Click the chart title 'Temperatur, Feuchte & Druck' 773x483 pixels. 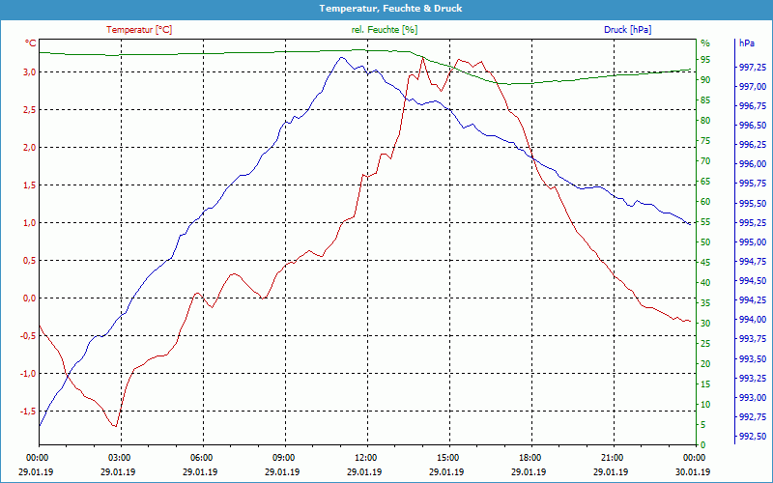coord(386,8)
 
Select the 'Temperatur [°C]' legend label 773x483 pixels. coord(139,30)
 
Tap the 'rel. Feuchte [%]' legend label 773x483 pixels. coord(385,30)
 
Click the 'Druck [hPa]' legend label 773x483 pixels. coord(627,30)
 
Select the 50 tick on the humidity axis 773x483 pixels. coord(705,242)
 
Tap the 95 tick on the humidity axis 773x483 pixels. coord(705,60)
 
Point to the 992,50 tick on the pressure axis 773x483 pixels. coord(753,438)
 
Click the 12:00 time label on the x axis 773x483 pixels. coord(366,457)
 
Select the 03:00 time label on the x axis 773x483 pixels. coord(119,457)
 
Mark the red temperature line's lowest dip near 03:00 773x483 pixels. coord(115,426)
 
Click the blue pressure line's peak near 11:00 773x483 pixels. coord(341,57)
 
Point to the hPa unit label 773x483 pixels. coord(747,43)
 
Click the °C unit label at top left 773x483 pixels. coord(31,43)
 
